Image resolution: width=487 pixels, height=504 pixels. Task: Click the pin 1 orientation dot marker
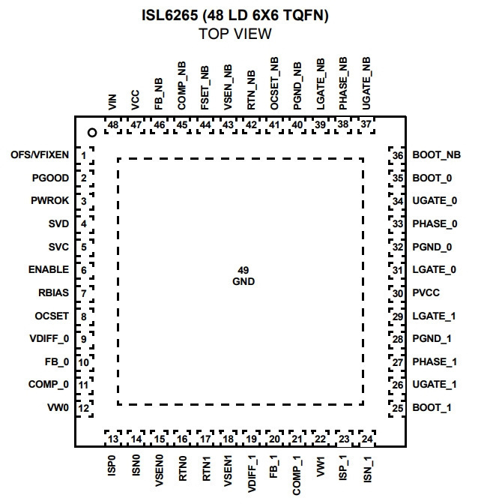(92, 133)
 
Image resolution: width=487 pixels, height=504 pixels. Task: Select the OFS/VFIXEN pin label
(40, 155)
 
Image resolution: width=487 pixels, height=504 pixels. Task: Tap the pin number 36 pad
(397, 155)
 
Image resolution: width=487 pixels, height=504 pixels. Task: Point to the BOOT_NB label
(437, 155)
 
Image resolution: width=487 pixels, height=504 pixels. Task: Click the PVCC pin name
(426, 292)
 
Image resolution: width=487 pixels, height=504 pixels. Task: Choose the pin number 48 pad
(113, 125)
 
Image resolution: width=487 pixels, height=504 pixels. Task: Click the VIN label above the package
(112, 102)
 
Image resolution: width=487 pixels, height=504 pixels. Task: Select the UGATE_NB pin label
(366, 83)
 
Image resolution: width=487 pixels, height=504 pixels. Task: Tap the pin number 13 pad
(113, 439)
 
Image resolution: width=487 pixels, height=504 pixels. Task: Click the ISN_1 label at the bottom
(367, 469)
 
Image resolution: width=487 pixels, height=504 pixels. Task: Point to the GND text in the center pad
(243, 281)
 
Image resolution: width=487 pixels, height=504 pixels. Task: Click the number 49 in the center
(243, 270)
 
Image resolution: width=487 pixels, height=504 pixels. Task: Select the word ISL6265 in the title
(170, 15)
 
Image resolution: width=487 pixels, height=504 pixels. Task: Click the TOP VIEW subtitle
(235, 34)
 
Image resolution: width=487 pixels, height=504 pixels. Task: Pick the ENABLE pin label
(49, 269)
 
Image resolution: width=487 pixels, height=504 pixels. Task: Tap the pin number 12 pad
(85, 408)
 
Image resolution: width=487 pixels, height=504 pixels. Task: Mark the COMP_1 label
(297, 475)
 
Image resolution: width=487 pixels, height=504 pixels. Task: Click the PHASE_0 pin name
(435, 223)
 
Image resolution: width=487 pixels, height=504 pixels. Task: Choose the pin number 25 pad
(397, 408)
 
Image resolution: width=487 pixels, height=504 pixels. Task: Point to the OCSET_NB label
(273, 83)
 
